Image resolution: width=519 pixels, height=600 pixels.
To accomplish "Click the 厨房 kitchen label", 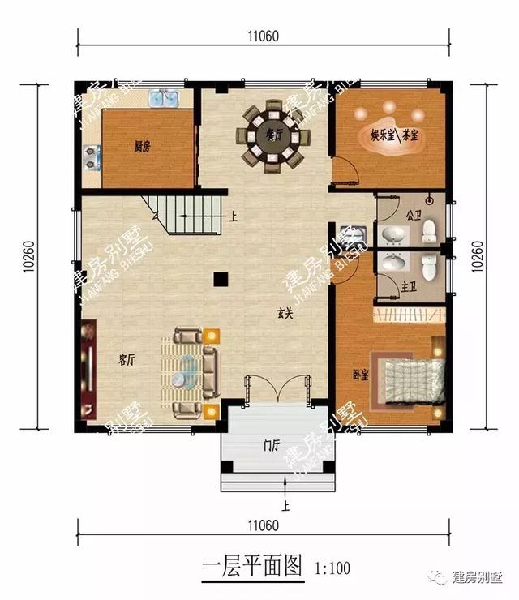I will (143, 147).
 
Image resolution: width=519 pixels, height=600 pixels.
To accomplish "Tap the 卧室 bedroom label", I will (360, 375).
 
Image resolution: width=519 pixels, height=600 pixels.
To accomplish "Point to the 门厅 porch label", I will (271, 444).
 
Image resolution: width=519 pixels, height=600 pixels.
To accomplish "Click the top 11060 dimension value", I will (264, 36).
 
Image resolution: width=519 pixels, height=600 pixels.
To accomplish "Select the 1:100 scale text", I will (331, 568).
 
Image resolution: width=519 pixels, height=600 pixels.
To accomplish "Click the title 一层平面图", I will (251, 565).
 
